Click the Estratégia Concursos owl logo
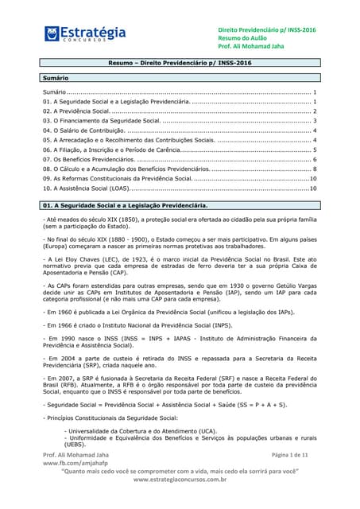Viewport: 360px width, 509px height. tap(54, 34)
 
